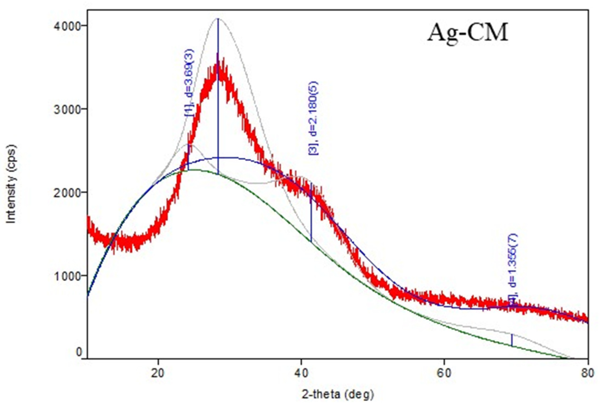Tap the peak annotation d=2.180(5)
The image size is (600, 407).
[x=313, y=118]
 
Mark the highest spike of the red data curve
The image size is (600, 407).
[x=218, y=54]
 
